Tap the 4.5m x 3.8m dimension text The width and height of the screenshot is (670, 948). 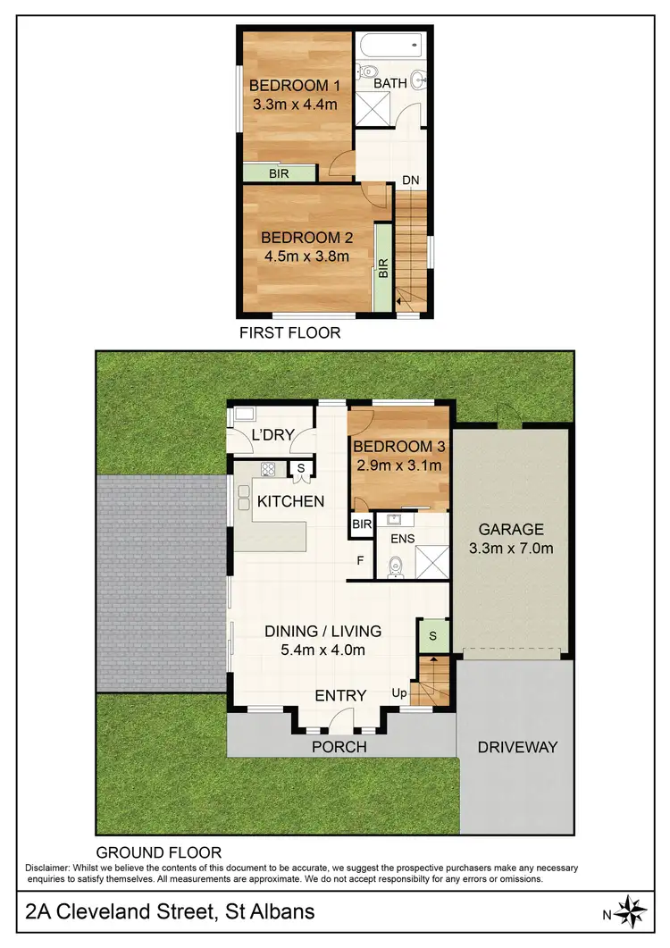pyautogui.click(x=306, y=256)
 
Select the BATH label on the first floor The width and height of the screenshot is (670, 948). pyautogui.click(x=390, y=83)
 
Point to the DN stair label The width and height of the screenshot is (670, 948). pyautogui.click(x=410, y=180)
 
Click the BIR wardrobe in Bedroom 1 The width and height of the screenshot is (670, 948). pyautogui.click(x=278, y=173)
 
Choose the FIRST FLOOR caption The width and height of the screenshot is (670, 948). pyautogui.click(x=289, y=333)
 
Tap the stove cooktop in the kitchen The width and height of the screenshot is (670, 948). pyautogui.click(x=267, y=468)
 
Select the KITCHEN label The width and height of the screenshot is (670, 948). pyautogui.click(x=290, y=501)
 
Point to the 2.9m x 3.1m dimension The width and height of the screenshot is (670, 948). pyautogui.click(x=398, y=466)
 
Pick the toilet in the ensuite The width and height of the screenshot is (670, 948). pyautogui.click(x=397, y=564)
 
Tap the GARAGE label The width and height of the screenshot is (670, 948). pyautogui.click(x=511, y=529)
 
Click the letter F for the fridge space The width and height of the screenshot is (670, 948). pyautogui.click(x=360, y=561)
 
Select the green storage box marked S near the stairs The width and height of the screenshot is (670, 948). pyautogui.click(x=432, y=635)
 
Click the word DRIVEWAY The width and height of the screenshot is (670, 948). pyautogui.click(x=516, y=746)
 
